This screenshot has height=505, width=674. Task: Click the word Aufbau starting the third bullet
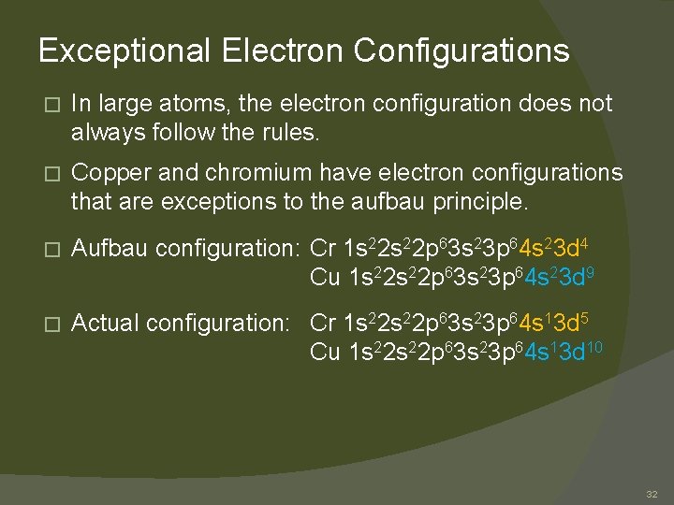point(110,249)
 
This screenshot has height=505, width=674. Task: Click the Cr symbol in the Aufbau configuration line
point(323,249)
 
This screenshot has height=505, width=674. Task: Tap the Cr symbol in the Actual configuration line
point(323,324)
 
